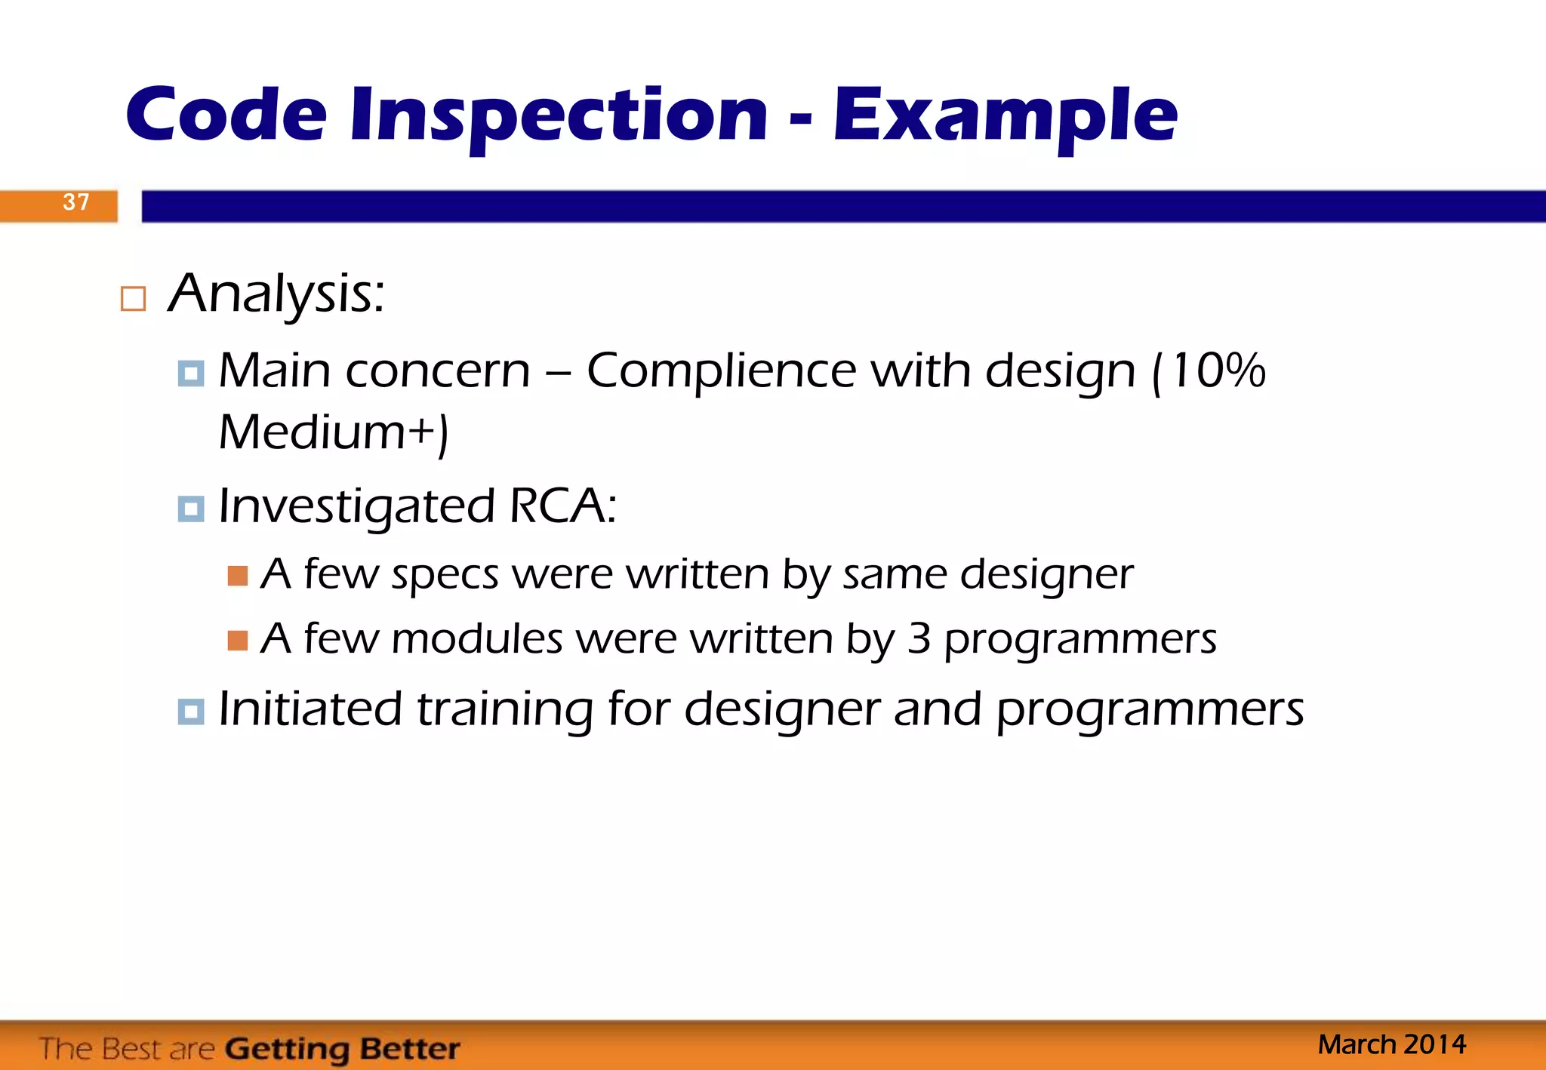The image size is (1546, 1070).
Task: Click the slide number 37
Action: (75, 202)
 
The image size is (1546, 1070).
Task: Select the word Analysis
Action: (276, 294)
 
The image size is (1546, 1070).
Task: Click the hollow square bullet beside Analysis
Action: (133, 299)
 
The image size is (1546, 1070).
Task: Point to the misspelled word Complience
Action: (720, 371)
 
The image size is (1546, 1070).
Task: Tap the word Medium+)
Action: (333, 432)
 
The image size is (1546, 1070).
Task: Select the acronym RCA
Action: (562, 506)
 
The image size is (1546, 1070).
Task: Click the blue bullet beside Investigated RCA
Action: (190, 509)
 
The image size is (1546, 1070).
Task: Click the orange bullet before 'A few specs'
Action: (238, 576)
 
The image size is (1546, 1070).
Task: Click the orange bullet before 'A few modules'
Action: (238, 641)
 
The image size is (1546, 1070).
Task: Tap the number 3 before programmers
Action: (919, 639)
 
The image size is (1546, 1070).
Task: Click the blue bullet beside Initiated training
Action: (190, 712)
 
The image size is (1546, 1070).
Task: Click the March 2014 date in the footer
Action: (1391, 1044)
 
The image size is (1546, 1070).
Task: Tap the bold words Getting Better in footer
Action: (342, 1049)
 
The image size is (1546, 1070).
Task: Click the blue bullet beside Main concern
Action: (190, 374)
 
